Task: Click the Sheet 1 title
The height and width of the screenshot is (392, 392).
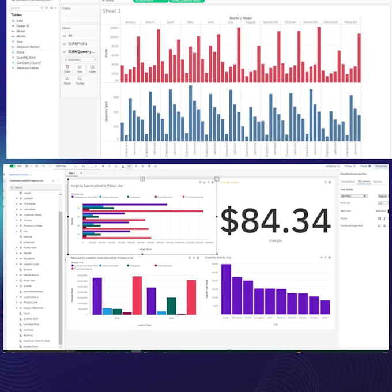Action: pos(112,11)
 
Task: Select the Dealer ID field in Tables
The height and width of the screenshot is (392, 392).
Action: pos(24,26)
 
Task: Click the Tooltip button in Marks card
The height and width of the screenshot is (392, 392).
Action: pos(80,81)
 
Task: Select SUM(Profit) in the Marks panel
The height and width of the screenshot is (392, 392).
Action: pos(81,43)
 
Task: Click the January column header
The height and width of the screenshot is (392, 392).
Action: pos(130,22)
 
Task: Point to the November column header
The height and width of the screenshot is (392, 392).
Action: pos(310,22)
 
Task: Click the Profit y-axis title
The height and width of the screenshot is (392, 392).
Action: pos(106,53)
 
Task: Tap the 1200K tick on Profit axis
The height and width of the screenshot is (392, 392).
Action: pos(115,28)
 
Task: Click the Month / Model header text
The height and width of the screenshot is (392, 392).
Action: pos(240,18)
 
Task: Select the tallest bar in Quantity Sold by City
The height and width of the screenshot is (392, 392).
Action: pos(226,288)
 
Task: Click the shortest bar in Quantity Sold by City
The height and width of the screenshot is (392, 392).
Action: pos(325,307)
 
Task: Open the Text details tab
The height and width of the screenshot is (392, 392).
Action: pos(364,182)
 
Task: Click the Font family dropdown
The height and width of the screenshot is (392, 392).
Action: pos(353,196)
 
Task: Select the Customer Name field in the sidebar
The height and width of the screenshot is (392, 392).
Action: pos(32,214)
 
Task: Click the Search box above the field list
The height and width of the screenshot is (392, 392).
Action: pos(35,187)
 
